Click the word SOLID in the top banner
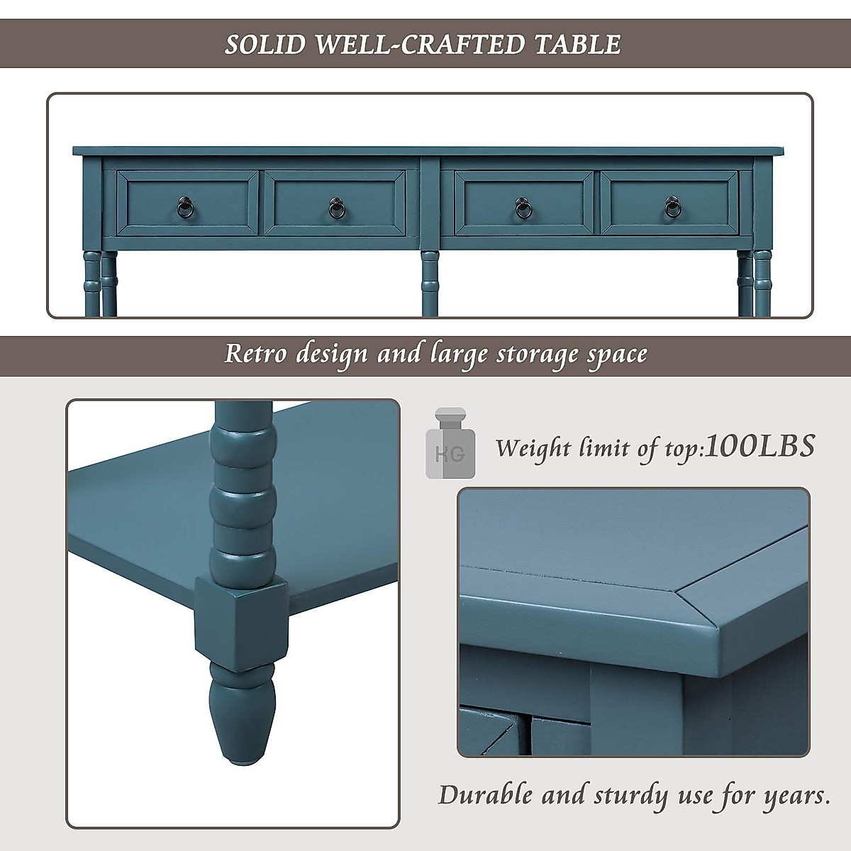point(266,44)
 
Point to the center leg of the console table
point(430,284)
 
